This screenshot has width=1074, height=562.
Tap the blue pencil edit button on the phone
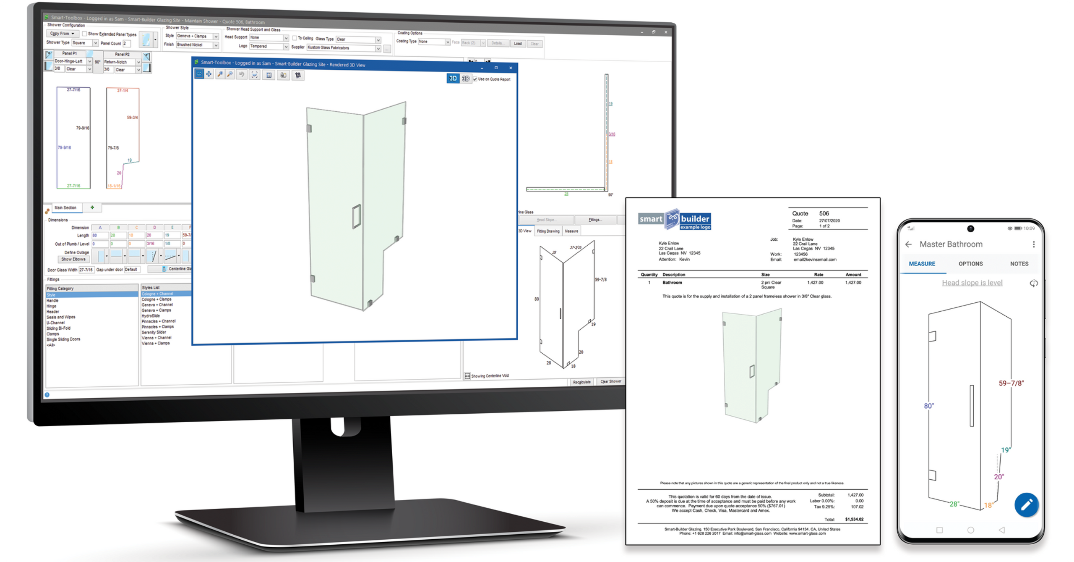(x=1026, y=504)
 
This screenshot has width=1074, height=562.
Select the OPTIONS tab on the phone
(x=970, y=264)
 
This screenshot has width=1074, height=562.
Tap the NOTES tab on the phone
(x=1019, y=264)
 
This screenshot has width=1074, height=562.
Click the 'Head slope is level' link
(x=972, y=283)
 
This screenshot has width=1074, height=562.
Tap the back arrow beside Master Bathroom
(x=909, y=244)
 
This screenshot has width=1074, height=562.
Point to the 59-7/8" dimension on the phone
(x=1011, y=383)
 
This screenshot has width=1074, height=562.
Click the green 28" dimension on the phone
(x=954, y=504)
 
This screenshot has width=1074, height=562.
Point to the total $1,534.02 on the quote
(x=854, y=519)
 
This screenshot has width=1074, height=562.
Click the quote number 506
(x=824, y=213)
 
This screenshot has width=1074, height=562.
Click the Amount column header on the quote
(x=853, y=275)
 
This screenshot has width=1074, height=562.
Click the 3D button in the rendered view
(x=453, y=79)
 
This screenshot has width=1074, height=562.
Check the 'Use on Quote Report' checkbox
(x=475, y=79)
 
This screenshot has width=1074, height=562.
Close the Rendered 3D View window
(x=511, y=68)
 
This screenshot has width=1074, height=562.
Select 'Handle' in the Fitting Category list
(x=52, y=301)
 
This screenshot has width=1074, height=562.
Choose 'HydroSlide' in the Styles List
(x=151, y=316)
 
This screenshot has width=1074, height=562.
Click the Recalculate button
(x=581, y=382)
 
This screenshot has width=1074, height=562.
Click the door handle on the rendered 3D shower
(x=356, y=216)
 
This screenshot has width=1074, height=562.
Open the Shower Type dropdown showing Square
(x=95, y=43)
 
